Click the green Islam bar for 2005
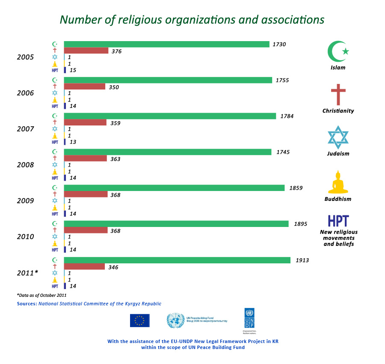pyautogui.click(x=166, y=44)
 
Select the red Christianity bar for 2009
pyautogui.click(x=86, y=194)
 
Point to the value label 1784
pyautogui.click(x=287, y=116)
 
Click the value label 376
pyautogui.click(x=116, y=51)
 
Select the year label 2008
pyautogui.click(x=26, y=164)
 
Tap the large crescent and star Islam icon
pyautogui.click(x=338, y=51)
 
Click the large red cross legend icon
pyautogui.click(x=338, y=94)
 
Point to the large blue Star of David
pyautogui.click(x=338, y=137)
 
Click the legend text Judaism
pyautogui.click(x=338, y=154)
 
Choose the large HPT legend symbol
pyautogui.click(x=338, y=221)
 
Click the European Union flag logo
pyautogui.click(x=139, y=320)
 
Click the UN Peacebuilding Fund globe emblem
pyautogui.click(x=175, y=321)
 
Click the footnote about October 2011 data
pyautogui.click(x=42, y=295)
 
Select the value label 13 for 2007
pyautogui.click(x=73, y=142)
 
